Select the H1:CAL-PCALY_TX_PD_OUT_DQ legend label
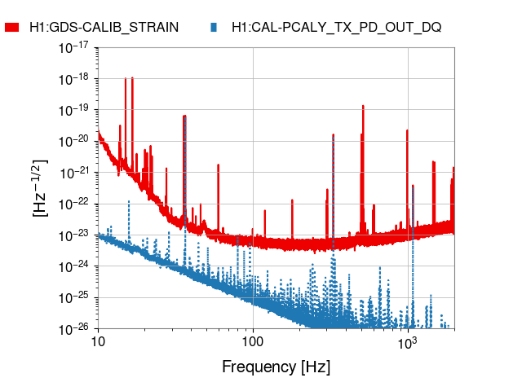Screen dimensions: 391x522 pyautogui.click(x=336, y=27)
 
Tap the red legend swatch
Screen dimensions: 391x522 pyautogui.click(x=12, y=27)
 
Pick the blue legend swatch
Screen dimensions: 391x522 pyautogui.click(x=213, y=27)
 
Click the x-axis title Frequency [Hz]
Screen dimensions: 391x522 pyautogui.click(x=276, y=367)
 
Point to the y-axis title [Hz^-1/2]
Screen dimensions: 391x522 pyautogui.click(x=40, y=188)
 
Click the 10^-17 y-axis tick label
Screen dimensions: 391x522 pyautogui.click(x=74, y=47)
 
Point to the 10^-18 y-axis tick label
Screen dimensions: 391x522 pyautogui.click(x=74, y=79)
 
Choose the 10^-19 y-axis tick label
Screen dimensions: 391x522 pyautogui.click(x=74, y=110)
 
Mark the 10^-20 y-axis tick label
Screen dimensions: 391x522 pyautogui.click(x=74, y=142)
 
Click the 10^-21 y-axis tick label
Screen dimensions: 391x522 pyautogui.click(x=74, y=173)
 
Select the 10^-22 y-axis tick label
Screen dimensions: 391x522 pyautogui.click(x=74, y=204)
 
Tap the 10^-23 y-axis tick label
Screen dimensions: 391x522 pyautogui.click(x=74, y=235)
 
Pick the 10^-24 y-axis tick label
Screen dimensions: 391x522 pyautogui.click(x=74, y=267)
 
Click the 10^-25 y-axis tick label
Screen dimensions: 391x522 pyautogui.click(x=74, y=298)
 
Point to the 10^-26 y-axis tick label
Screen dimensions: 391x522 pyautogui.click(x=74, y=330)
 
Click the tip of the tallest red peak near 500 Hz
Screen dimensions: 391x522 pyautogui.click(x=362, y=110)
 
